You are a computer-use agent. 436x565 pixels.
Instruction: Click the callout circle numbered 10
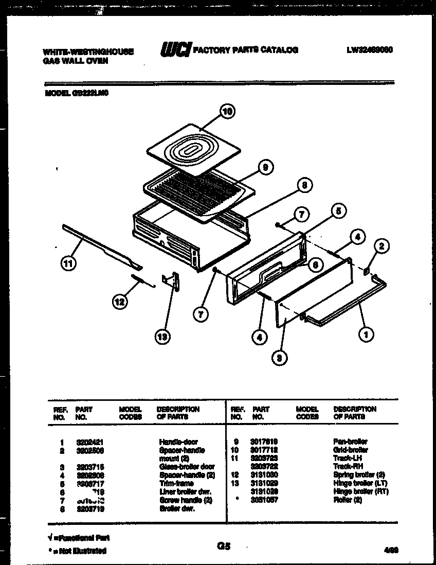(227, 111)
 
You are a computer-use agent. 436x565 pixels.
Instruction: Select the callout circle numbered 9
(265, 167)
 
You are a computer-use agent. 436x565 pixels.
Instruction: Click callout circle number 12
(119, 303)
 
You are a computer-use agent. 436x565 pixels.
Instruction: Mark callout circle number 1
(366, 335)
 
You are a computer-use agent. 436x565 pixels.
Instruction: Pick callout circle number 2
(381, 247)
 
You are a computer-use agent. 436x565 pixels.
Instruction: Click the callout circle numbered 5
(337, 210)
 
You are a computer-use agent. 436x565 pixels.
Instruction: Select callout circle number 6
(316, 264)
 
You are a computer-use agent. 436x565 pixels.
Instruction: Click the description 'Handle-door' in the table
(178, 442)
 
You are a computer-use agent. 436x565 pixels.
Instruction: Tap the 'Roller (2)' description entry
(348, 500)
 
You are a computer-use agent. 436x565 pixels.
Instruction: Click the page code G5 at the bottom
(224, 547)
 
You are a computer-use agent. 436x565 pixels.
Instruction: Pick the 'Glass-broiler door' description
(187, 467)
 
